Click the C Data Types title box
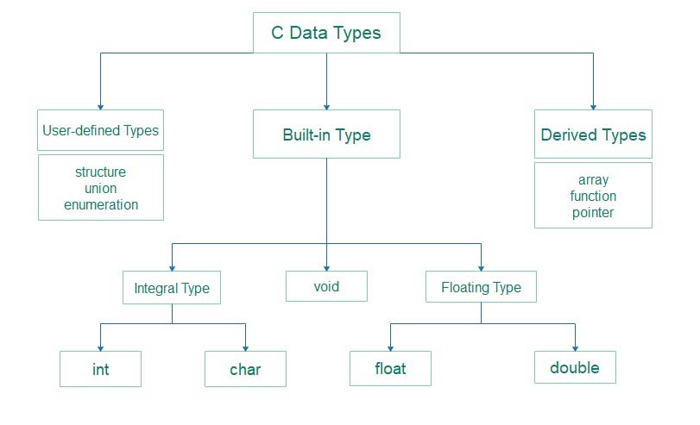326,34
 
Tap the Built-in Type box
326,134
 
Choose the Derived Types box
593,134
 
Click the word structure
101,172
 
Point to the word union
101,188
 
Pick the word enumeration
101,204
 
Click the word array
593,179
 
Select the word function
593,196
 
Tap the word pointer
593,212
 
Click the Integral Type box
172,287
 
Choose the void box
326,286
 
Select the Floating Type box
481,287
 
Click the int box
100,370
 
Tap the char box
245,370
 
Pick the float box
390,369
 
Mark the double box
575,367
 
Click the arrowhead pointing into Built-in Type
326,105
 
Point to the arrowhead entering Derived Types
593,105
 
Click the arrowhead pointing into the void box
326,266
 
